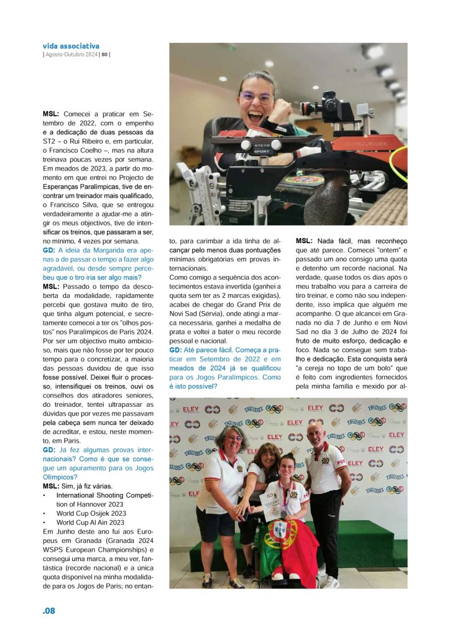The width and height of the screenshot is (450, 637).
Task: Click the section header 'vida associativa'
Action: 71,46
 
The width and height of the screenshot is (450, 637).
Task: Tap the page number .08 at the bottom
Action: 49,611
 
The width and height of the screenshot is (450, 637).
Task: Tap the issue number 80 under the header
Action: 105,54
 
